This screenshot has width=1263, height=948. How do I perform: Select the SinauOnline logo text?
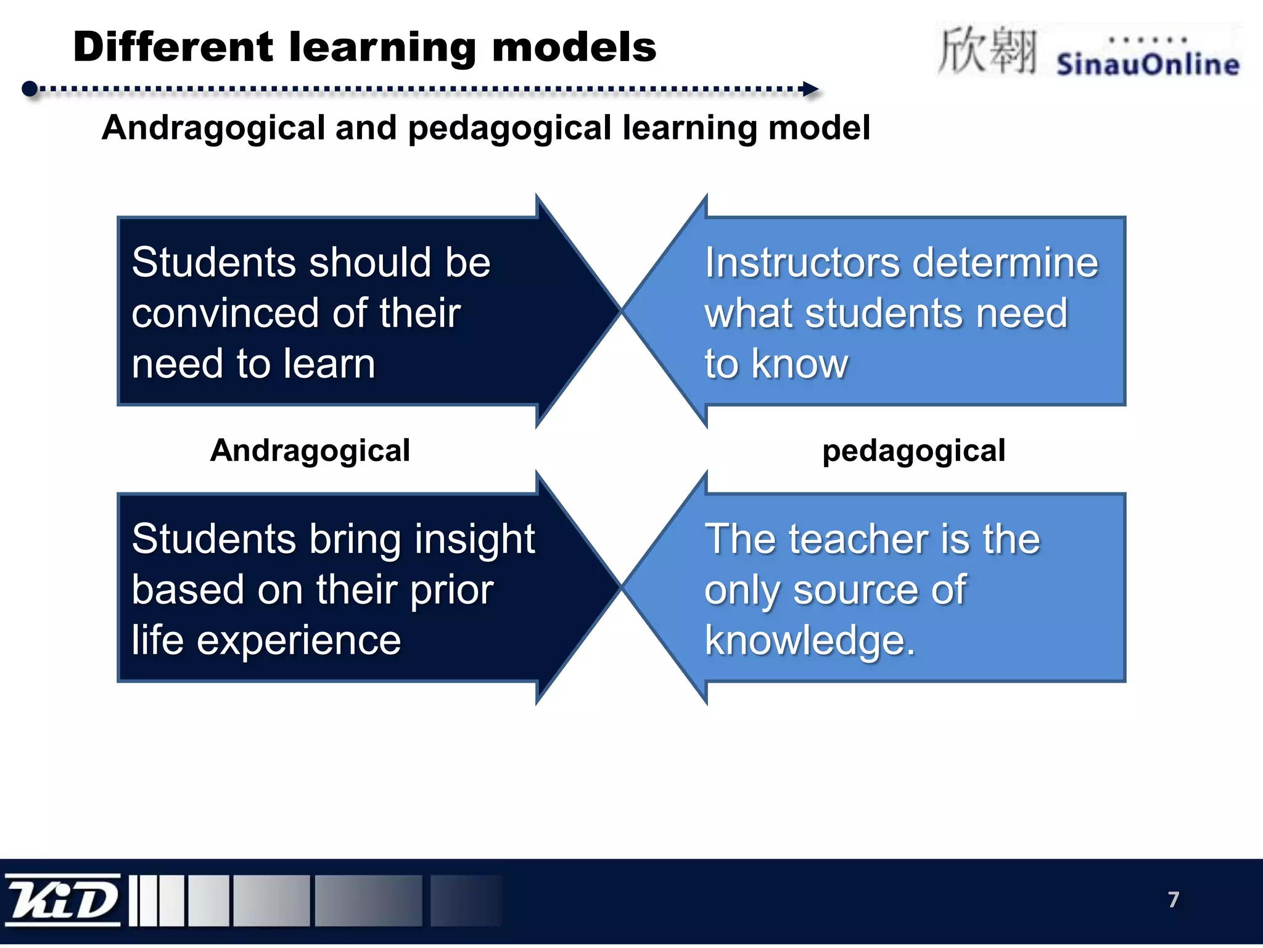tap(1148, 64)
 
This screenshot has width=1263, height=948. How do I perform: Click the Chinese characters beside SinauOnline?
tap(987, 51)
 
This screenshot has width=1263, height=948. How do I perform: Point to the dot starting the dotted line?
tap(30, 89)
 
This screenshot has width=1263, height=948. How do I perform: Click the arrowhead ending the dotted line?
tap(811, 89)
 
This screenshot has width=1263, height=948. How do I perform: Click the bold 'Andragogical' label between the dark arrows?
tap(310, 450)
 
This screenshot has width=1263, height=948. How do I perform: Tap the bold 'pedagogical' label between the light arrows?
tap(913, 450)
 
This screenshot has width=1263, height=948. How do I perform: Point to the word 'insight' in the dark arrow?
tap(474, 539)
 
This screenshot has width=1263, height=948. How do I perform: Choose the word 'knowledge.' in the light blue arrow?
tap(810, 640)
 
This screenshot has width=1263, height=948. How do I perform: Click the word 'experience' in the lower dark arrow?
tap(298, 640)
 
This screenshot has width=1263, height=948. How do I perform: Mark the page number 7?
tap(1173, 899)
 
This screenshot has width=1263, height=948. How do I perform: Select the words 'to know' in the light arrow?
tap(776, 364)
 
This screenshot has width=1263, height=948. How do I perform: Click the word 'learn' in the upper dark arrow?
tap(334, 364)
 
